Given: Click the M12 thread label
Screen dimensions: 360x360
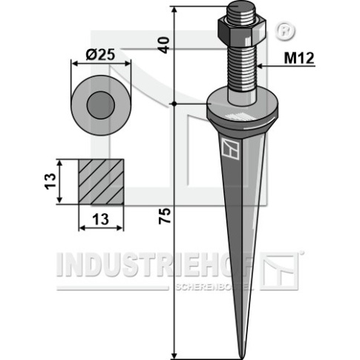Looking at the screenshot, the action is point(299,59).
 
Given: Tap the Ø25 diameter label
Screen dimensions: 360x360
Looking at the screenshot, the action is point(101,55).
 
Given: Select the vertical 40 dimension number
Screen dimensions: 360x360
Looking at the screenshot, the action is point(164,45).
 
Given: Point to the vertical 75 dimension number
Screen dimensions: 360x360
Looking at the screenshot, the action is point(165,216).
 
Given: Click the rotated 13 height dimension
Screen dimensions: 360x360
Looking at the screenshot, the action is point(50,181).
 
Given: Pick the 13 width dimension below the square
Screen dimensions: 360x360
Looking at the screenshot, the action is point(100,219).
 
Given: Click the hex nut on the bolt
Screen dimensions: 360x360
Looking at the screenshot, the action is point(241,30).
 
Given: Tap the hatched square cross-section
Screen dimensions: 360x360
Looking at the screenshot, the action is point(101,182).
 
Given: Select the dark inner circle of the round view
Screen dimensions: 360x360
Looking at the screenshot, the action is point(101,105).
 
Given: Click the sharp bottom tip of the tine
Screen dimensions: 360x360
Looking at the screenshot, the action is point(241,358).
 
